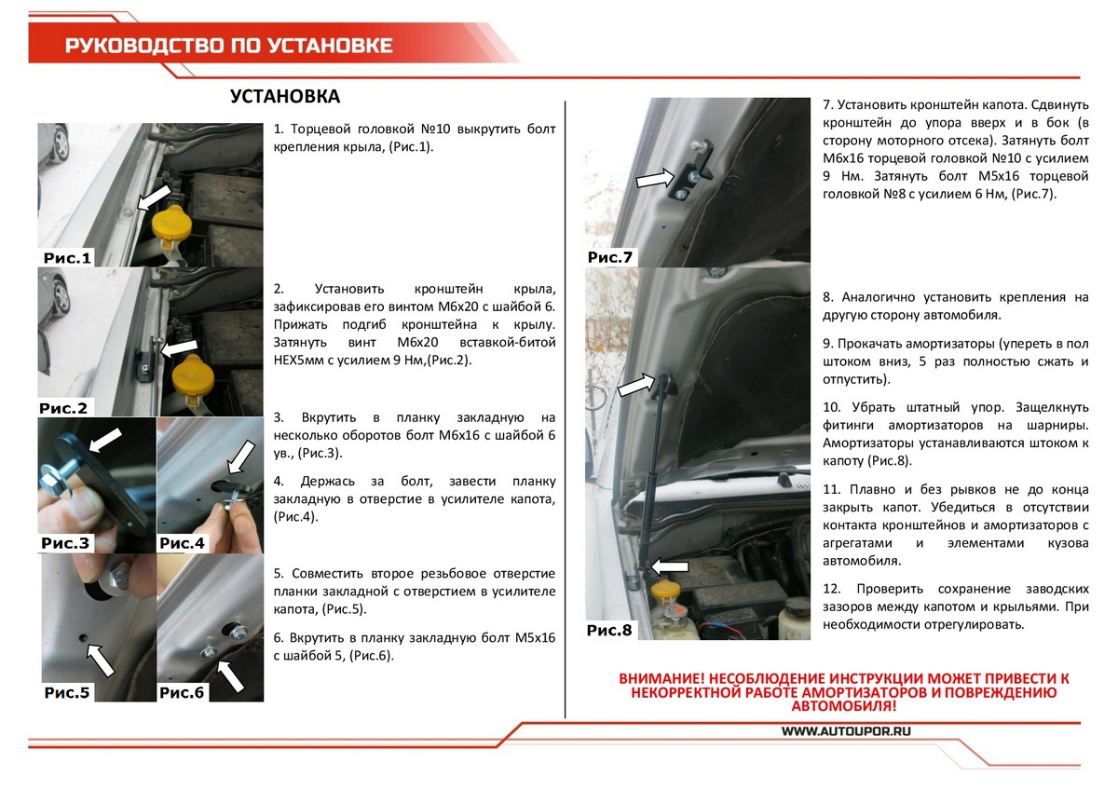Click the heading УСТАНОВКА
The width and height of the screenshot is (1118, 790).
285,97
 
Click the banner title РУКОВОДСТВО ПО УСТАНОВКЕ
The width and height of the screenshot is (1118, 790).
229,46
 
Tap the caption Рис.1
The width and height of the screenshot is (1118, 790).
67,258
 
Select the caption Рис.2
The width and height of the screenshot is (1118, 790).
63,408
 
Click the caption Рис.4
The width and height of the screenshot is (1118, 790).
182,542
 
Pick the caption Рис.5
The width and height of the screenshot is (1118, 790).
67,692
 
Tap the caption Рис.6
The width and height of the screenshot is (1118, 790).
182,692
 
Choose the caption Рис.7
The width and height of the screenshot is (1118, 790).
610,257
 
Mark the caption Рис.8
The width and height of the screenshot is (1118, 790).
609,631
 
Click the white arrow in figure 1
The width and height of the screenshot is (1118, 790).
155,196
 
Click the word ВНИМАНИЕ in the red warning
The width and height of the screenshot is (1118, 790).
661,678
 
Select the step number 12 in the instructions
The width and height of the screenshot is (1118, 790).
832,589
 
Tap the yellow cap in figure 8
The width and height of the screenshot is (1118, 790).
667,591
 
